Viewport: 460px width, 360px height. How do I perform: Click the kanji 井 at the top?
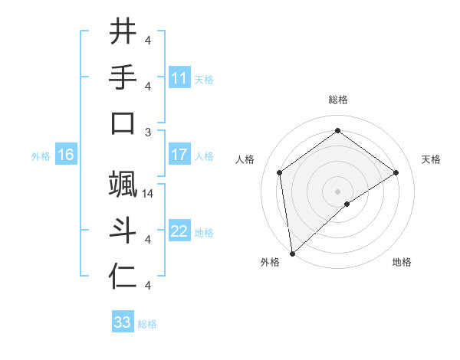point(123,32)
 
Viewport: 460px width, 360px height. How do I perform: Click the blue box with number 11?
point(179,78)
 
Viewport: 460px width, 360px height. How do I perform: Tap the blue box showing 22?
point(179,232)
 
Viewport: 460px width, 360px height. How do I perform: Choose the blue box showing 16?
point(66,155)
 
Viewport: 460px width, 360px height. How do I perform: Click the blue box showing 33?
point(123,322)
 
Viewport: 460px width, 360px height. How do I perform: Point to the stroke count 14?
point(149,194)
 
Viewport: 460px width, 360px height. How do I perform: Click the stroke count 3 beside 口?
point(148,132)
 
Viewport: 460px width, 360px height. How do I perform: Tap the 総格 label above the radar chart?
point(337,100)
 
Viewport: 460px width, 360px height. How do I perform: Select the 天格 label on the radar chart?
point(431,159)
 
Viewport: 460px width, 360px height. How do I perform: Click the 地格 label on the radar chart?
point(402,263)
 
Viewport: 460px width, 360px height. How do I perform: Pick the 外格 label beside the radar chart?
point(270,263)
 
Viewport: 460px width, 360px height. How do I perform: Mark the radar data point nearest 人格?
point(280,172)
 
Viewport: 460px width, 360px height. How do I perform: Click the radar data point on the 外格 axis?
point(291,253)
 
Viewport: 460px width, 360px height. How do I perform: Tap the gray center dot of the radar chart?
point(337,191)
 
